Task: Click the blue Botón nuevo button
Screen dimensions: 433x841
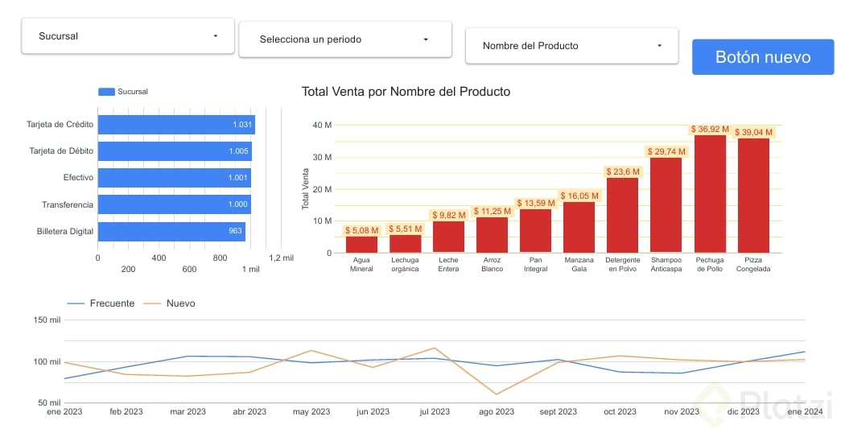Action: click(x=763, y=57)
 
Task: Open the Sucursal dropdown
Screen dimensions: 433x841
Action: click(x=128, y=36)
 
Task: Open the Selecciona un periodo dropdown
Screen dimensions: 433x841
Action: click(x=344, y=39)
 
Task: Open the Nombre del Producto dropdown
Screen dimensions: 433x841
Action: click(x=571, y=46)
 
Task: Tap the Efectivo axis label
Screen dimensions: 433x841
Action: click(x=78, y=178)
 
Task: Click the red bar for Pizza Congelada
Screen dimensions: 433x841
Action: click(x=753, y=196)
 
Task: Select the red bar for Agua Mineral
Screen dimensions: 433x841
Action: click(x=361, y=245)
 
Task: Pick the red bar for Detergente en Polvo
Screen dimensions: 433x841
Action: click(x=622, y=215)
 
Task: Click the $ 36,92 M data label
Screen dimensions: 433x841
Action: click(x=710, y=129)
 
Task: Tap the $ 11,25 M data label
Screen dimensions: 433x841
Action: click(x=492, y=212)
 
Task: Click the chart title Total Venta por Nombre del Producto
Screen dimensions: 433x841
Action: click(x=406, y=92)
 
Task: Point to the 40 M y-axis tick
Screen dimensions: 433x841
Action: click(x=322, y=126)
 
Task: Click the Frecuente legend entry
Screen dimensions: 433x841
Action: click(x=100, y=303)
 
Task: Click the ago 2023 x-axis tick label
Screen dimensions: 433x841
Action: click(x=497, y=412)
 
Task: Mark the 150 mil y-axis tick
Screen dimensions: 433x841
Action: click(x=47, y=320)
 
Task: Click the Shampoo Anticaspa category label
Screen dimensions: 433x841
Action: click(x=666, y=265)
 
